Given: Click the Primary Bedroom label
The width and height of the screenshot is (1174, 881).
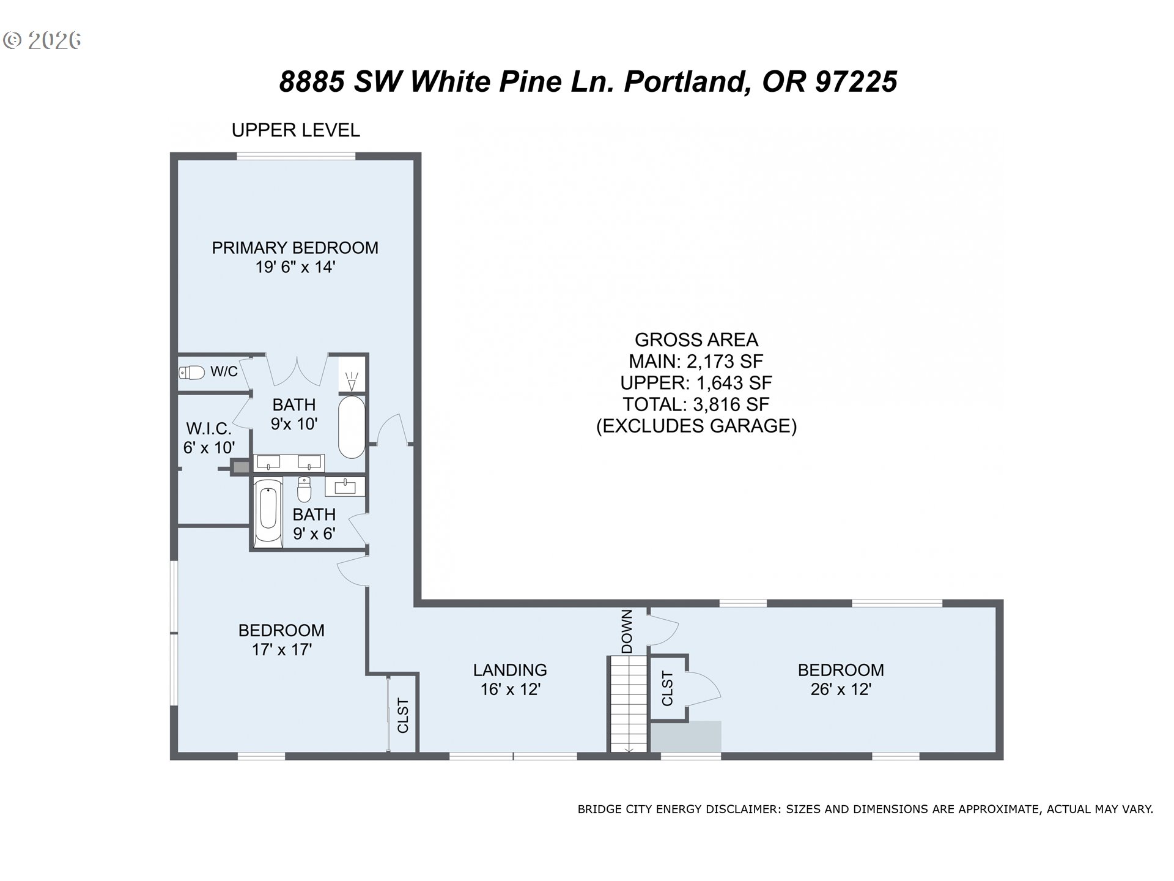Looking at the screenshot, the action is (x=295, y=248).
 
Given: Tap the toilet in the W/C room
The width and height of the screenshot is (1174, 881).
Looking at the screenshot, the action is (x=191, y=372).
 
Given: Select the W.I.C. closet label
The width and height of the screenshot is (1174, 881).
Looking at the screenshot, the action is (x=209, y=428).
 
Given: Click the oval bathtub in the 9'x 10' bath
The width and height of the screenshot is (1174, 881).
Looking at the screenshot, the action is (x=352, y=427).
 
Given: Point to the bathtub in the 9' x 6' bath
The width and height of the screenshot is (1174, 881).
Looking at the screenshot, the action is (x=268, y=511).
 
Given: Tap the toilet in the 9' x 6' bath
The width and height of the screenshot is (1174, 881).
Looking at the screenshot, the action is (x=304, y=489).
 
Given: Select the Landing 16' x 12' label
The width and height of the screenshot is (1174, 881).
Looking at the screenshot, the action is (x=510, y=680).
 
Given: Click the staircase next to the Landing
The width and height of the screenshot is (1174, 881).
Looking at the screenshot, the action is (x=627, y=704).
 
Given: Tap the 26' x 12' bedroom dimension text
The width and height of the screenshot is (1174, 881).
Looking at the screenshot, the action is (x=841, y=690).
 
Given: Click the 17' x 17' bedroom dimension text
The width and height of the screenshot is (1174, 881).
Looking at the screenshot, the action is (x=282, y=649).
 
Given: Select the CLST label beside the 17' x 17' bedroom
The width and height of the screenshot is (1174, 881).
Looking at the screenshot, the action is (x=403, y=715).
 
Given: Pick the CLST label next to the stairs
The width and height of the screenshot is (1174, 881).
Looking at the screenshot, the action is (x=667, y=688).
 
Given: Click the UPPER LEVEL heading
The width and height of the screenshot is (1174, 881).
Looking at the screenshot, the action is (x=296, y=130).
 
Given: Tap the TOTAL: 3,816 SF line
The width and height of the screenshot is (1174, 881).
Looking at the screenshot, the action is (x=696, y=404).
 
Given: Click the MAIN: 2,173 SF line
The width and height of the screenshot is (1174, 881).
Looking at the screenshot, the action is (x=696, y=362).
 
